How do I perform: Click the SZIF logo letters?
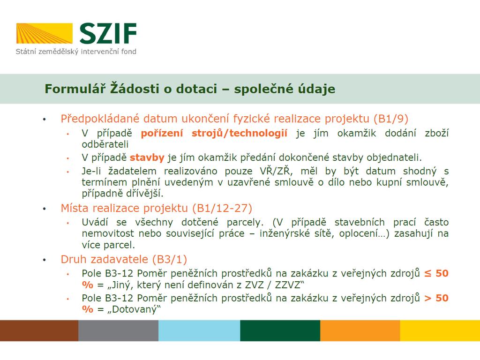pos(108,33)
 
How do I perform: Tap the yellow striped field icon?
pos(45,33)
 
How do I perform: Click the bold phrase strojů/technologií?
pos(240,133)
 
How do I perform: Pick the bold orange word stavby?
pos(147,157)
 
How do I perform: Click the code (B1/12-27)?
pos(222,209)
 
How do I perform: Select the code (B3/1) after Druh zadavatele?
pos(170,260)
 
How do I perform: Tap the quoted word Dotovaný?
pos(134,309)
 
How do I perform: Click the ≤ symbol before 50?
pos(427,274)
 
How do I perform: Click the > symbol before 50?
pos(427,298)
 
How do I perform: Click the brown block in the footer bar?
pos(39,330)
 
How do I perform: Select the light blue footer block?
pos(199,330)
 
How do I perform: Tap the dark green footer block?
pos(280,330)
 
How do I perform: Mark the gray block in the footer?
pos(119,330)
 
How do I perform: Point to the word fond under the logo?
pos(128,52)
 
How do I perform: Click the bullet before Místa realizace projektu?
pos(45,209)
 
